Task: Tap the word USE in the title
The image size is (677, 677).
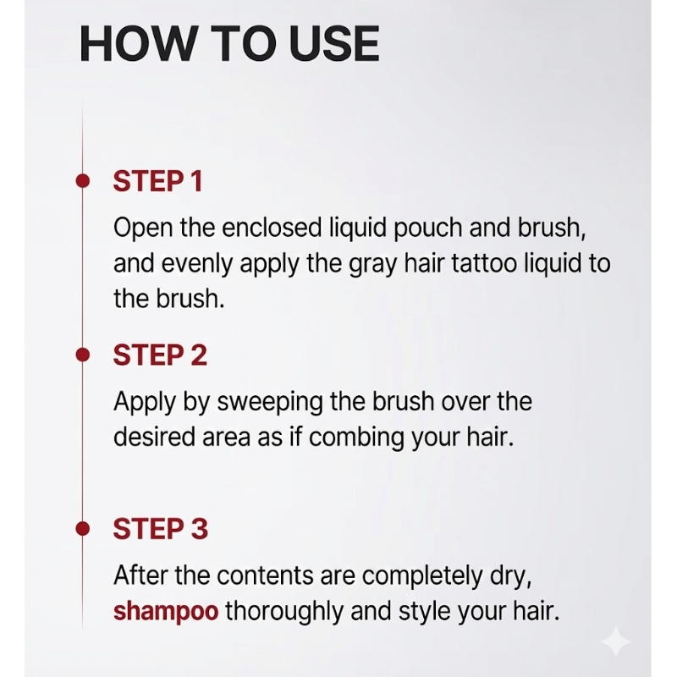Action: tap(334, 44)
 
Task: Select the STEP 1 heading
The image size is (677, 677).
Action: tap(157, 181)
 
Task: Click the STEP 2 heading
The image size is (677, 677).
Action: tap(160, 355)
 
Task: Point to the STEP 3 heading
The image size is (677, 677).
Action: tap(160, 529)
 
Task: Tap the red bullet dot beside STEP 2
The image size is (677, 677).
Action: tap(82, 355)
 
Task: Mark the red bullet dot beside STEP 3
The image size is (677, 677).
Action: tap(82, 528)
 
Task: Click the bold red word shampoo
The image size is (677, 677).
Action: tap(166, 612)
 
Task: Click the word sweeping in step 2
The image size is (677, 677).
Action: tap(270, 403)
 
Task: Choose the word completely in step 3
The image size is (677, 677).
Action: tap(421, 577)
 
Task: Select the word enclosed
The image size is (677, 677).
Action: tap(272, 228)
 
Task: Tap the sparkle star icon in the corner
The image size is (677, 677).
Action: tap(616, 642)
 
